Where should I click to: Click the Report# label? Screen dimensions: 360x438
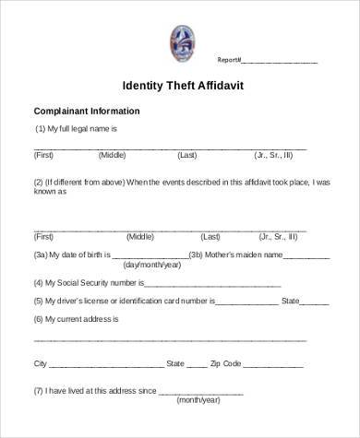click(228, 61)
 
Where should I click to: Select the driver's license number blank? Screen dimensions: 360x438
click(246, 301)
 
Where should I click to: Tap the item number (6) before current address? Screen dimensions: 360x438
click(40, 318)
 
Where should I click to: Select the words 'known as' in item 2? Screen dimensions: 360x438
click(51, 194)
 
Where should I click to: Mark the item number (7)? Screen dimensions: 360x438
click(40, 390)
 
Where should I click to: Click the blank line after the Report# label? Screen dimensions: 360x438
click(279, 62)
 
